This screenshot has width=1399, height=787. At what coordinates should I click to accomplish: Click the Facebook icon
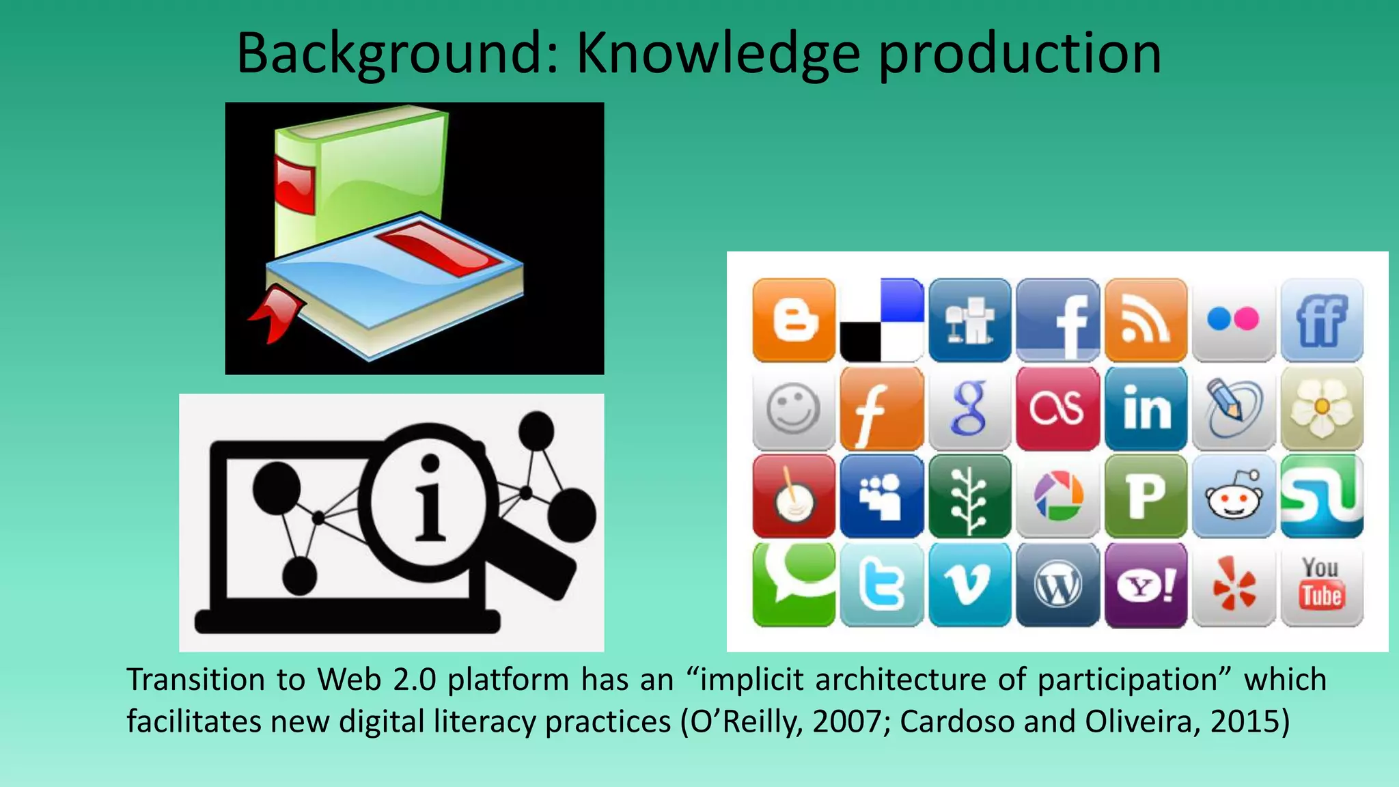click(1057, 319)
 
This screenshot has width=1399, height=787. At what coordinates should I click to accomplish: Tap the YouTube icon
click(1322, 584)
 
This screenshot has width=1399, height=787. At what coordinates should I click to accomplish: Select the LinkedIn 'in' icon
click(1146, 408)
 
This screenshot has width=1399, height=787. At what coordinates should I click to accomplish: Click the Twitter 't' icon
click(881, 584)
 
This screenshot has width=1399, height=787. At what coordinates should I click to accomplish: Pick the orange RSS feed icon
click(1146, 319)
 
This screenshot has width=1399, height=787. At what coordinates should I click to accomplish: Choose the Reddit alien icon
click(1234, 496)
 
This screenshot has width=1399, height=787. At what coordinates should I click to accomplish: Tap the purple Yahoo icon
click(1146, 584)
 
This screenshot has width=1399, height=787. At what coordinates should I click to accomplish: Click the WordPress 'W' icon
click(1057, 584)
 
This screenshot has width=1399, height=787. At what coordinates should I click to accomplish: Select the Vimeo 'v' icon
click(969, 584)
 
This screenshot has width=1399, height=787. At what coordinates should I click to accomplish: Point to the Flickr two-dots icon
click(1234, 319)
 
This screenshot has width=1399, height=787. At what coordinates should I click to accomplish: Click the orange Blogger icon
click(794, 319)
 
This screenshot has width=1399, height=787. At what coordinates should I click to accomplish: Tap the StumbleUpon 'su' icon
click(1322, 496)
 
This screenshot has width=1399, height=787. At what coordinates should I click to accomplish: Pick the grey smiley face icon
click(794, 408)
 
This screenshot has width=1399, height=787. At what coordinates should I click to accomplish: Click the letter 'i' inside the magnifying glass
click(430, 502)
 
